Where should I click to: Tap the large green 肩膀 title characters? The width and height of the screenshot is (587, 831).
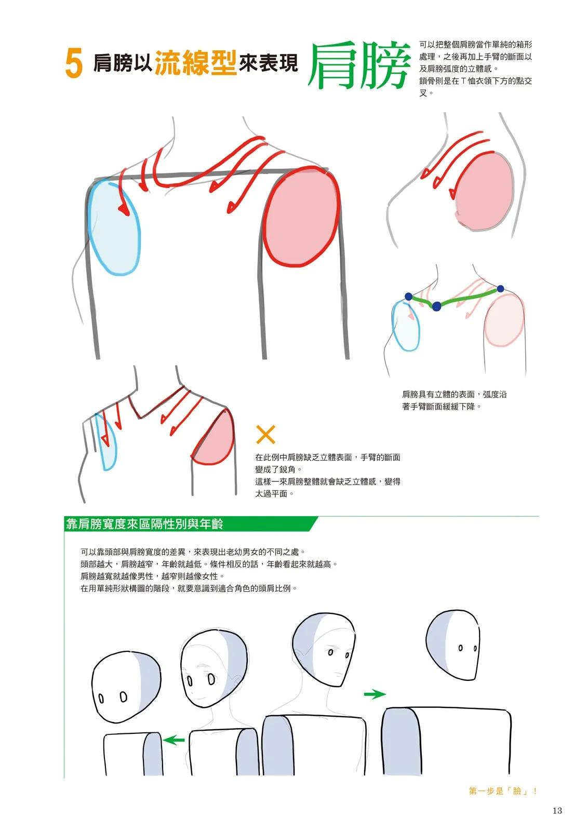[358, 66]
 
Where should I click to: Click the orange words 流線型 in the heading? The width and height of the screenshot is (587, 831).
[195, 62]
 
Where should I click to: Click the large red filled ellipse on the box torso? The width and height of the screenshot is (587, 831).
[301, 217]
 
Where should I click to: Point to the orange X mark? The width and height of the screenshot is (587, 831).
[265, 434]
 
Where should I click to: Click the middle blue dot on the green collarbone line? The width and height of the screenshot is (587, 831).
[436, 306]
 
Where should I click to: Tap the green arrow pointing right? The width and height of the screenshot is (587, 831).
[375, 694]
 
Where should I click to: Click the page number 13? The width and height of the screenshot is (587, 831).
[557, 811]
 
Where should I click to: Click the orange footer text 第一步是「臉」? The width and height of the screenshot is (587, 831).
[503, 791]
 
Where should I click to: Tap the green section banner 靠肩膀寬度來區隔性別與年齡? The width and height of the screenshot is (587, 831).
[145, 524]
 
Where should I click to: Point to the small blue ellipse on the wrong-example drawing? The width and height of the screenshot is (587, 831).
[106, 442]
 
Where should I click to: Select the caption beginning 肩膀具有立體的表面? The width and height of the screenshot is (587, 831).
[454, 400]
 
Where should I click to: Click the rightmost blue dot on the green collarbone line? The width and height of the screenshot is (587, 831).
[500, 289]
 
